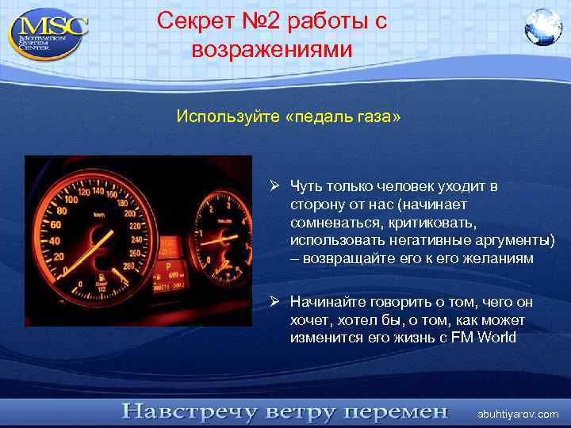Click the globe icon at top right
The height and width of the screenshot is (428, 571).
(x=542, y=28)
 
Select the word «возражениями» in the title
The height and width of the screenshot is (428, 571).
(x=270, y=49)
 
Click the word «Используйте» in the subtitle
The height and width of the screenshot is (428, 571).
(x=228, y=117)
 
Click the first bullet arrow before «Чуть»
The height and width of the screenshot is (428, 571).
(x=273, y=186)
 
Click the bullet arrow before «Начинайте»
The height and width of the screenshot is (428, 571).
(x=273, y=302)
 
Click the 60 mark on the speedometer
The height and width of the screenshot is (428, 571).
(x=55, y=224)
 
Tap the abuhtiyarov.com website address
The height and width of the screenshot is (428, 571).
(x=518, y=414)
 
